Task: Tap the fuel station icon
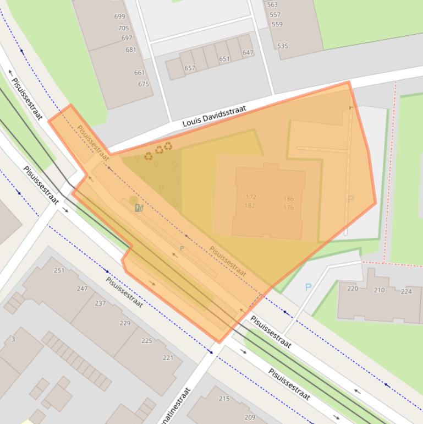pos(138,208)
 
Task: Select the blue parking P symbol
pos(308,287)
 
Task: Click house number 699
pos(119,17)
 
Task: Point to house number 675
pos(144,84)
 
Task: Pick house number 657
pos(190,68)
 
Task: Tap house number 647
pos(248,53)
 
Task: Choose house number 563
pos(272,4)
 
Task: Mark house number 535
pos(282,46)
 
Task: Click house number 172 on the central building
pos(251,197)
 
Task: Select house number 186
pos(289,199)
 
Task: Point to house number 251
pos(59,270)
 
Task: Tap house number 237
pos(100,303)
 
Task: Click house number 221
pos(168,358)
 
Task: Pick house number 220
pos(353,289)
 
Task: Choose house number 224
pos(406,292)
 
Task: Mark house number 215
pos(224,399)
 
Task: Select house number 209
pos(250,417)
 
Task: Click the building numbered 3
pos(13,340)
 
